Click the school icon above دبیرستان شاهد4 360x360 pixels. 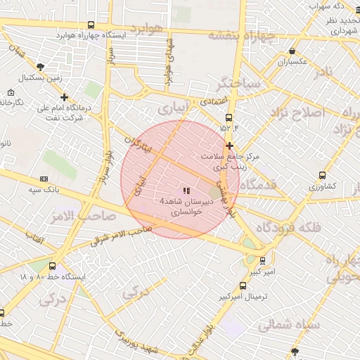pyautogui.click(x=186, y=191)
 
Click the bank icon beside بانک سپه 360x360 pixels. pyautogui.click(x=44, y=179)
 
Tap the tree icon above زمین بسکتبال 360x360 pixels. pyautogui.click(x=40, y=66)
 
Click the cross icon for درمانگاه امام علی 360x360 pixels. pyautogui.click(x=65, y=98)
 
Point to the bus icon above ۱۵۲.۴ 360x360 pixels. pyautogui.click(x=229, y=118)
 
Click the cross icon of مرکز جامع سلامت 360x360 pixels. pyautogui.click(x=229, y=146)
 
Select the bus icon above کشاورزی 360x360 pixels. pyautogui.click(x=322, y=175)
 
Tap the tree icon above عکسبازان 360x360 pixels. pyautogui.click(x=292, y=51)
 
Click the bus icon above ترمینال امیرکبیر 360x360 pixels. pyautogui.click(x=243, y=286)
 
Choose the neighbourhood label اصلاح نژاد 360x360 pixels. pyautogui.click(x=307, y=112)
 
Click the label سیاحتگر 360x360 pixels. pyautogui.click(x=239, y=84)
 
